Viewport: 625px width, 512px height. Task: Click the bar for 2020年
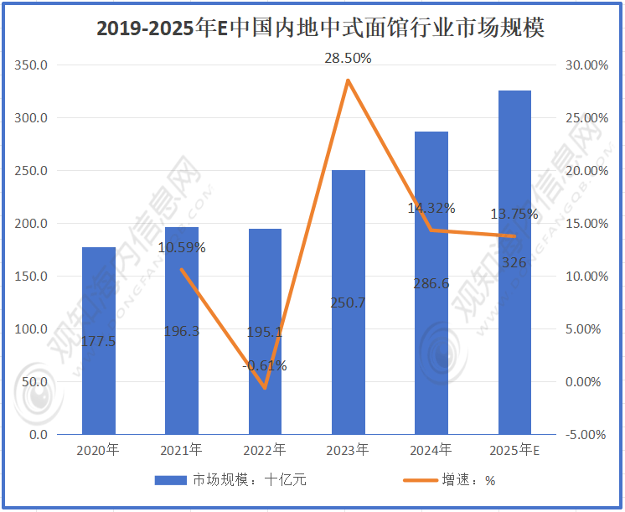98,340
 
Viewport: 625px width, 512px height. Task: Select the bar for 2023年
348,302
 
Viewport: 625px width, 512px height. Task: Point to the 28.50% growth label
348,59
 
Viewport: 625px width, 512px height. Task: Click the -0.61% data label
265,365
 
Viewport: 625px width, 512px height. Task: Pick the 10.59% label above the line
182,247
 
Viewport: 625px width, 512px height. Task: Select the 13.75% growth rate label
514,215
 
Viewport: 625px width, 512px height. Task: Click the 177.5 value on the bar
99,341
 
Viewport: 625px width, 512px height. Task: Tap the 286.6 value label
431,283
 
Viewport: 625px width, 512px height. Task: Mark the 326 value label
514,262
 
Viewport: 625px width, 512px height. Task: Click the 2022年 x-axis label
265,450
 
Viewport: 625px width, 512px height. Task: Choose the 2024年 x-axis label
431,450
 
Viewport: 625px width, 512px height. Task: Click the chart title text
320,28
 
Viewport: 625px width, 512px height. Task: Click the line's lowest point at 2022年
265,388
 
